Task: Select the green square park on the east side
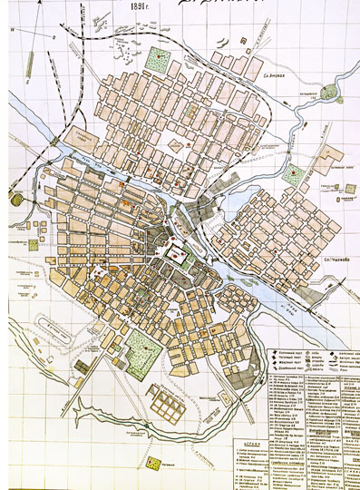click(296, 174)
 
